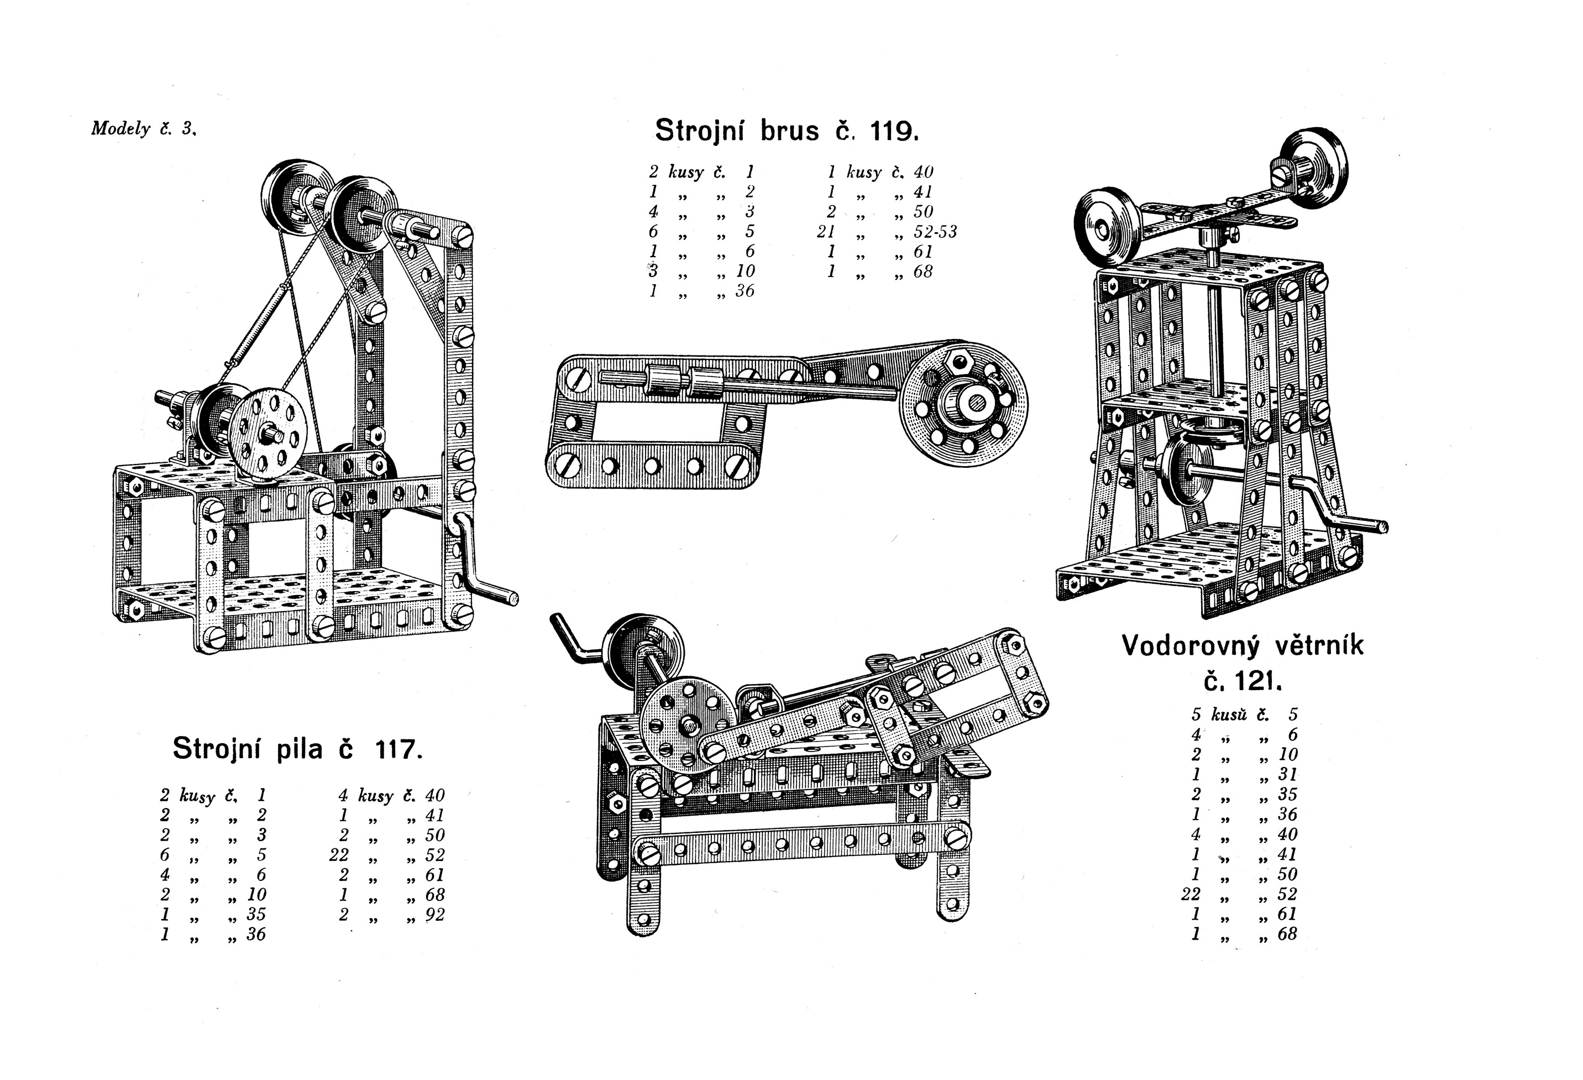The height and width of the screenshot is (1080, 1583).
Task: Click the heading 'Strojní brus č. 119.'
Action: pyautogui.click(x=787, y=130)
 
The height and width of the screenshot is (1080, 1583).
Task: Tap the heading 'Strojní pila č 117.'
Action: pyautogui.click(x=298, y=749)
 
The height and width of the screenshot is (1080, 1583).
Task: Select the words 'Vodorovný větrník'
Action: pyautogui.click(x=1243, y=645)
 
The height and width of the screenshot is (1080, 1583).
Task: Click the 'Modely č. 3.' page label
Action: pyautogui.click(x=144, y=129)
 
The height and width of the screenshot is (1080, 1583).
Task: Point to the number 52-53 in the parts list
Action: pyautogui.click(x=935, y=232)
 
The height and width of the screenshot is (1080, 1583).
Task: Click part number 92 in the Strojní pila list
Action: pyautogui.click(x=434, y=915)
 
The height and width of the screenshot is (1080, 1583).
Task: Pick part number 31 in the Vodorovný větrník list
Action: pyautogui.click(x=1287, y=774)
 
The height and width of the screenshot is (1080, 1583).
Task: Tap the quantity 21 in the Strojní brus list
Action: pyautogui.click(x=826, y=232)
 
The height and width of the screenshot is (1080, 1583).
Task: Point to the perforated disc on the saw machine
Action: pyautogui.click(x=267, y=434)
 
